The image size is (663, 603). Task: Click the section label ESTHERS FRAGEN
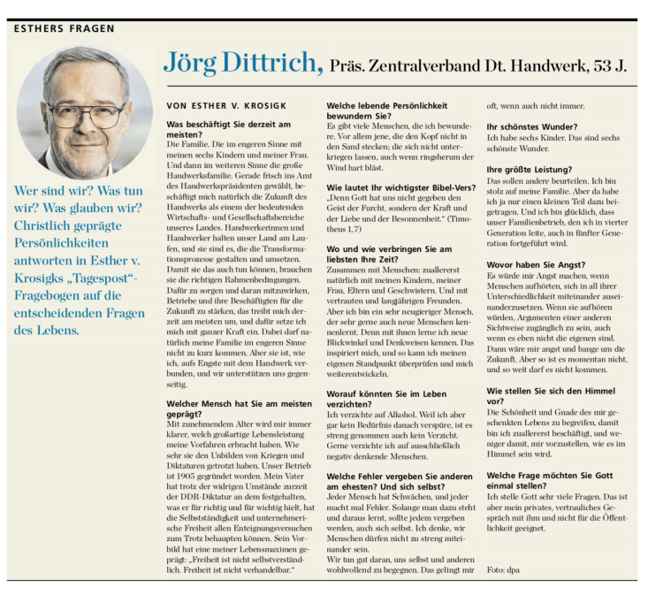click(x=65, y=29)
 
